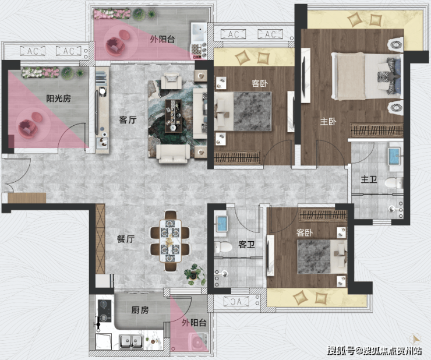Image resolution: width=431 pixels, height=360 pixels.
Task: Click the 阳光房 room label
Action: (x=58, y=98)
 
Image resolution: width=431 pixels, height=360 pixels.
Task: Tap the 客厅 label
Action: (x=128, y=120)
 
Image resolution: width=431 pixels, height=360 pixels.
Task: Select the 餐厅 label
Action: (x=126, y=239)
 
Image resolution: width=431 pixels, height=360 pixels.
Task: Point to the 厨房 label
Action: (x=140, y=310)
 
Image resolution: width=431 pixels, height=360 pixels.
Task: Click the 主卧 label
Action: (x=328, y=121)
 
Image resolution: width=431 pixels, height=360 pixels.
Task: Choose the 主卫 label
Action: (x=369, y=179)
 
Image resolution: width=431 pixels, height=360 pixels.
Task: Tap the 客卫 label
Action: (x=246, y=244)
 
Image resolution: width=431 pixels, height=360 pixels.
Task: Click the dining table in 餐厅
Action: (x=170, y=241)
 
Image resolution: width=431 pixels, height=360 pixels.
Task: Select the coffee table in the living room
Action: (x=174, y=116)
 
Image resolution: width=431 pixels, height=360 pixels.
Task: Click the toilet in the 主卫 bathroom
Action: (x=394, y=182)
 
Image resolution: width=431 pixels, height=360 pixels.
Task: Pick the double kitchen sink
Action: (x=131, y=341)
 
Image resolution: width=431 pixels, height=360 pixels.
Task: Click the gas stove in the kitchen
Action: (x=104, y=310)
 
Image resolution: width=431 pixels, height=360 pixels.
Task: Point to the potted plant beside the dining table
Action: (x=195, y=274)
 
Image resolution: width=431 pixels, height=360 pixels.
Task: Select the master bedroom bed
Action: (x=366, y=76)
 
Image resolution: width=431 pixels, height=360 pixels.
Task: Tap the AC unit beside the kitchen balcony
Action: (x=236, y=302)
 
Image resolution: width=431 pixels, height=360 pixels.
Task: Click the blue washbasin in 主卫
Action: (x=394, y=157)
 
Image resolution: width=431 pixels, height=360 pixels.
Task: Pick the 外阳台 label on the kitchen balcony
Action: (x=194, y=323)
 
